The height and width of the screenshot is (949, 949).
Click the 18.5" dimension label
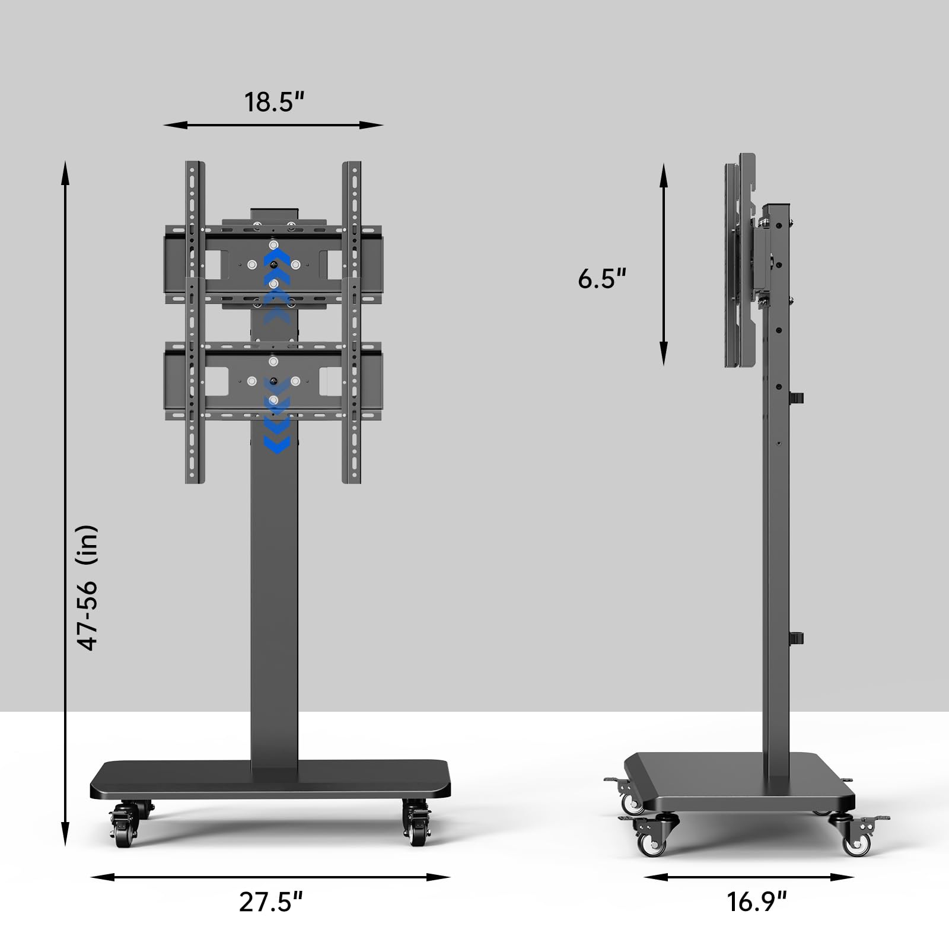point(274,102)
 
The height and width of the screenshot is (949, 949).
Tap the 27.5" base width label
point(271,902)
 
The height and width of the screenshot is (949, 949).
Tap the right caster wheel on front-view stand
point(416,824)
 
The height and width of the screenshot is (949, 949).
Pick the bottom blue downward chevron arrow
point(276,444)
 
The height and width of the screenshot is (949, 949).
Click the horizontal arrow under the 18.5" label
point(273,125)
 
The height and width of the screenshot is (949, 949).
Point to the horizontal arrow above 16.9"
point(749,877)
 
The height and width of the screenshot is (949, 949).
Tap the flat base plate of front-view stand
point(270,779)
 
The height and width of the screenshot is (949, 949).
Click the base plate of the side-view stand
point(735,778)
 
